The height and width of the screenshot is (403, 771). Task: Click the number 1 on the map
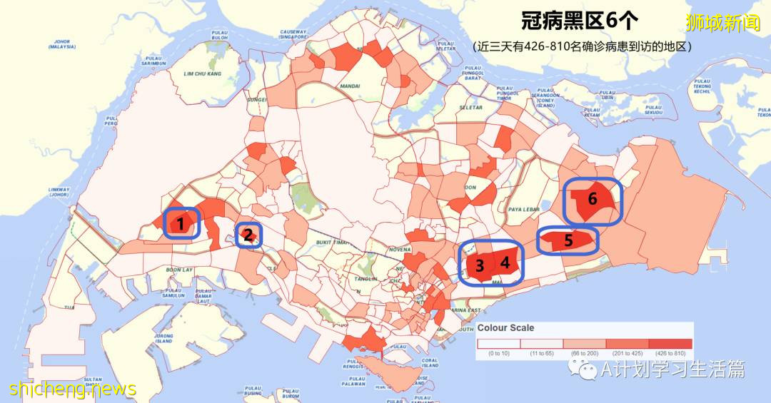pos(181,225)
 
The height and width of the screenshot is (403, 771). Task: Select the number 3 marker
pos(480,266)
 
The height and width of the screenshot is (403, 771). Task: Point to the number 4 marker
pos(505,262)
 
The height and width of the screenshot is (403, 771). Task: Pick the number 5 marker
pos(568,240)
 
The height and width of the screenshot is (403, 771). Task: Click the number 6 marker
pos(592,199)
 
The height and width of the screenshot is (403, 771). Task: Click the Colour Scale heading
pos(505,328)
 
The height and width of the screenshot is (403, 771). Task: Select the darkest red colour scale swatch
pos(670,344)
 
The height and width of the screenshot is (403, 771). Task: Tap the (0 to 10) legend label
pos(499,353)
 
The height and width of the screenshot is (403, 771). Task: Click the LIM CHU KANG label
pos(202,73)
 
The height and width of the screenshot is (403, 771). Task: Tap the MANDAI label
pos(350,86)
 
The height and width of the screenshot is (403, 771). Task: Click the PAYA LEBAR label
pos(522,209)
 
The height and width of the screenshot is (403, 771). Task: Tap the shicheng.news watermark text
pos(72,389)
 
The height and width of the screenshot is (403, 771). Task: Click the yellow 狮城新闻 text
pos(723,23)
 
